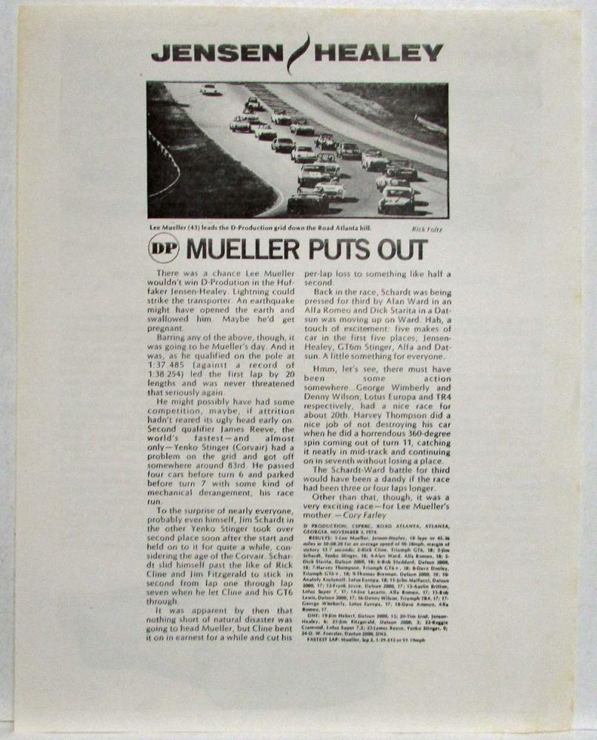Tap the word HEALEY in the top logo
378,53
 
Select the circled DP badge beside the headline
164,249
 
